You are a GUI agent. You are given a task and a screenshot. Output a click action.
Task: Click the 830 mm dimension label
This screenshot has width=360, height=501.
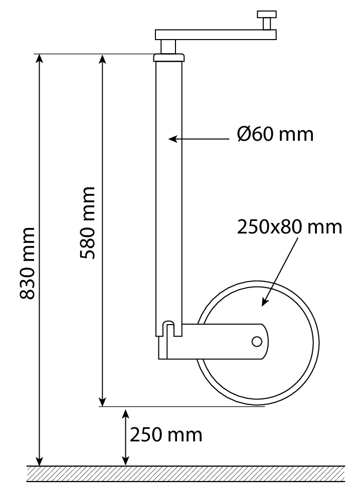tap(27, 264)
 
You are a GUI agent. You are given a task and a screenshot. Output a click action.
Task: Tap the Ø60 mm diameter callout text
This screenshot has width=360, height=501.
tap(275, 134)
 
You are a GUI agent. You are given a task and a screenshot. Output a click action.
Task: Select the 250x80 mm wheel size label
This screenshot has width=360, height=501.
tap(289, 227)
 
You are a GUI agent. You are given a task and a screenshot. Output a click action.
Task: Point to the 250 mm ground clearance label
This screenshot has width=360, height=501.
tap(166, 435)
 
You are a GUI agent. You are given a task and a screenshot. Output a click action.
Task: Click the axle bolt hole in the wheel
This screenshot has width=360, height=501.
tap(257, 342)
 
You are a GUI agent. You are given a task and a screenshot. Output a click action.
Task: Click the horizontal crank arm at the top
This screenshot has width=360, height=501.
tap(216, 35)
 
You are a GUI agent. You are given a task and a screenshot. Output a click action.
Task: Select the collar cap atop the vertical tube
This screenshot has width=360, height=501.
tap(169, 58)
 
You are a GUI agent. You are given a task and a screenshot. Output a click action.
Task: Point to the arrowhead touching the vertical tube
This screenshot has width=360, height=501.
tap(172, 139)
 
